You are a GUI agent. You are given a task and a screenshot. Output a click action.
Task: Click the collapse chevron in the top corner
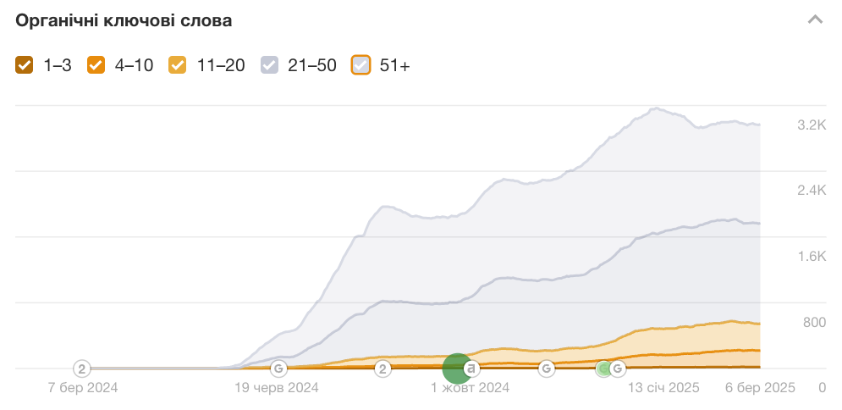tap(815, 19)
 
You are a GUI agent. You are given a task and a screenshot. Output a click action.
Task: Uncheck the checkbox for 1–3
tap(25, 65)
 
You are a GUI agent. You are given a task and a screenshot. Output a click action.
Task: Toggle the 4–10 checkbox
tap(96, 65)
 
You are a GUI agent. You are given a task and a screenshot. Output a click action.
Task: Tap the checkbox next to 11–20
tap(178, 65)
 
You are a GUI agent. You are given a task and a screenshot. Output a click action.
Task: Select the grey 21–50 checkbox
tap(269, 65)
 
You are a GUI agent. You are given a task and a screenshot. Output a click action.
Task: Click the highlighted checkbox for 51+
tap(360, 65)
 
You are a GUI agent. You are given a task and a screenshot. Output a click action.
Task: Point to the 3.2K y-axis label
tap(812, 125)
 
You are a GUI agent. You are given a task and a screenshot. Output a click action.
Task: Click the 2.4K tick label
tap(812, 191)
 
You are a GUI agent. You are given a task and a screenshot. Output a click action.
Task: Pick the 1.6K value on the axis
tap(812, 257)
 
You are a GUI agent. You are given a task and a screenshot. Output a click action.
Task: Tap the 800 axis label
tap(814, 322)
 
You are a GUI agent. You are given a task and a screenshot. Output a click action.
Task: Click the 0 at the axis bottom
tap(822, 388)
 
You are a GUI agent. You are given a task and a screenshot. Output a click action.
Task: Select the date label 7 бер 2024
tap(83, 388)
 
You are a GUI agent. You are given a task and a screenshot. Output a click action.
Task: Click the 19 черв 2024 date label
tap(276, 388)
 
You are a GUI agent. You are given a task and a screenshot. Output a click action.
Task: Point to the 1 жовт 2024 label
tap(470, 388)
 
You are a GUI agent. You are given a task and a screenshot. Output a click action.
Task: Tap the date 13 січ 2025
tap(663, 388)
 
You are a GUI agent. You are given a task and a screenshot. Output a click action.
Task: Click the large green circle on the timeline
tap(456, 368)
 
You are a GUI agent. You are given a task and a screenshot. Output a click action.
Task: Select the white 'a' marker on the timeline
tap(472, 368)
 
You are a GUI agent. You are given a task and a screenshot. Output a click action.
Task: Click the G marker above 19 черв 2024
tap(278, 368)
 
